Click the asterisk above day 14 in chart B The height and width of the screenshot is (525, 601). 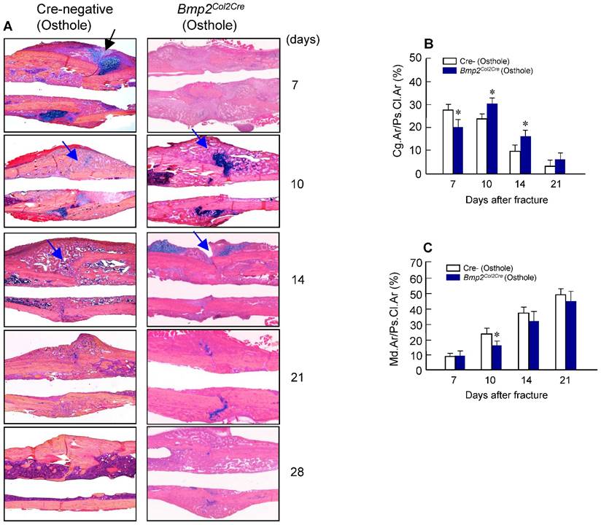(525, 123)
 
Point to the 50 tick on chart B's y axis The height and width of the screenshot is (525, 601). (416, 58)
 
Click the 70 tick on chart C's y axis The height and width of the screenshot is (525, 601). (416, 261)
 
